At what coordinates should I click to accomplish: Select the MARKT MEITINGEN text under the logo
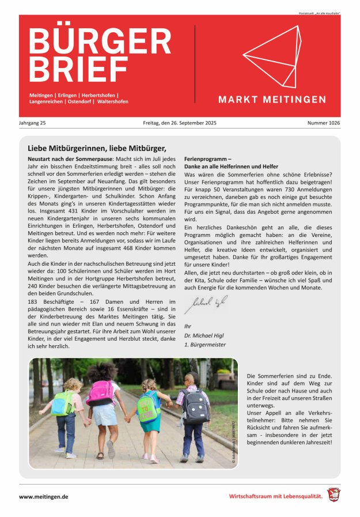click(x=272, y=100)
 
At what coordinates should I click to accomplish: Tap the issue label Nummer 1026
click(x=323, y=123)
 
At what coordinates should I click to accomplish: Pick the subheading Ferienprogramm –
click(x=207, y=158)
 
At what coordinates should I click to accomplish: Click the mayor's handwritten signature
click(x=206, y=303)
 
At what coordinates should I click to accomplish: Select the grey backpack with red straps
click(x=195, y=405)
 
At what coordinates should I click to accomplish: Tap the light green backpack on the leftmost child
click(x=62, y=403)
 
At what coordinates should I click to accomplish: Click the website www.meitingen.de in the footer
click(x=44, y=496)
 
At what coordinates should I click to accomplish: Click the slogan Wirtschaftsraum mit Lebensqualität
click(x=276, y=496)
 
